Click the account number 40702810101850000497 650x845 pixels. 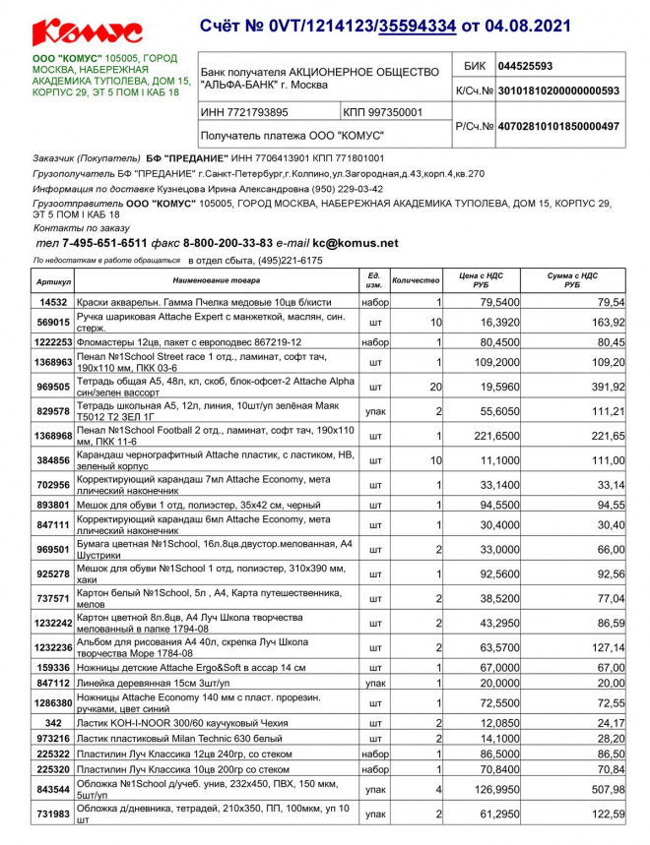[558, 126]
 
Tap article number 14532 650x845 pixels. [53, 301]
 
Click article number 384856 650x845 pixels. [53, 460]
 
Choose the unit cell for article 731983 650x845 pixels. [375, 815]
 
